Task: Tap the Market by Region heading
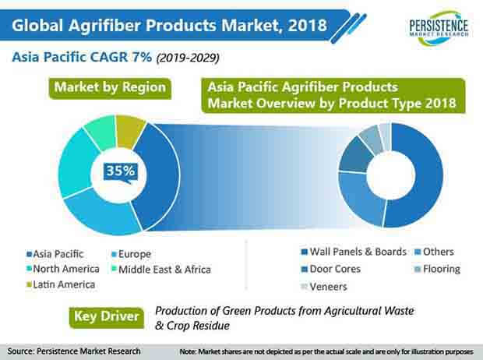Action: coord(110,87)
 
